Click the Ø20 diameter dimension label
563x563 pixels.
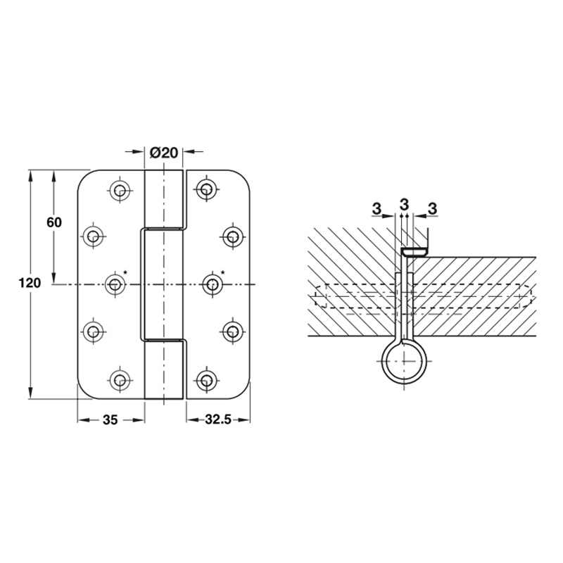coord(164,153)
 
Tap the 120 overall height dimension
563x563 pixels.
coord(30,284)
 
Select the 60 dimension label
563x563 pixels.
coord(54,222)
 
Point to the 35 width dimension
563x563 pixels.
coord(110,419)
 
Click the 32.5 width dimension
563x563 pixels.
coord(218,419)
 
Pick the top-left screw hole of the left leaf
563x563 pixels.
coord(120,189)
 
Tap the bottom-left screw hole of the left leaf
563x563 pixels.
coord(120,379)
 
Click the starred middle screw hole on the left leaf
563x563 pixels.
coord(115,284)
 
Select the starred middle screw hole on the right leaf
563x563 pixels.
coord(213,284)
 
